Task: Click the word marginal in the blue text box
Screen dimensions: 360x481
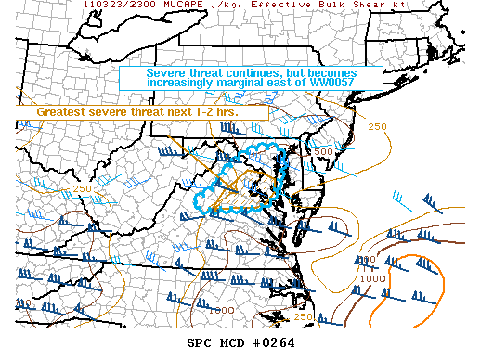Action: tap(253, 84)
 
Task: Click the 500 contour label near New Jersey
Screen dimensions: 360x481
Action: tap(323, 151)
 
